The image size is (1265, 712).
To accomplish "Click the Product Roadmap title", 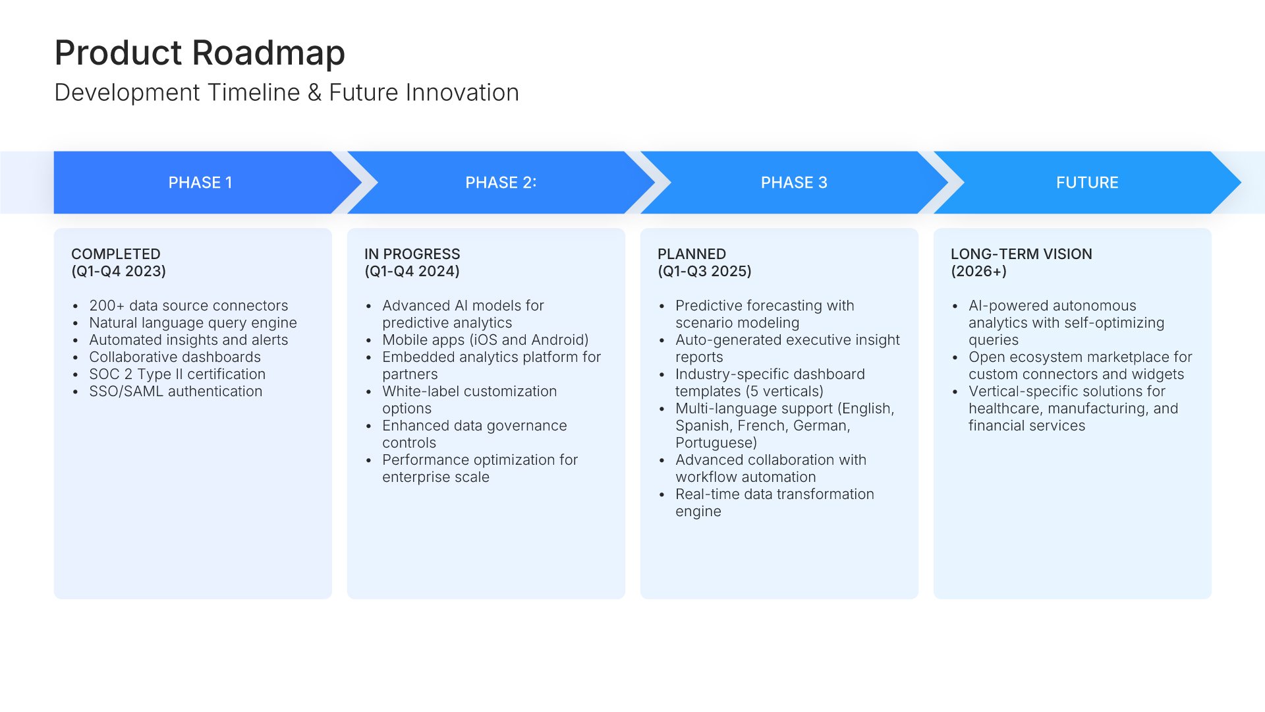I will click(x=200, y=53).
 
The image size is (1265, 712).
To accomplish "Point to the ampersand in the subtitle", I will click(x=314, y=93).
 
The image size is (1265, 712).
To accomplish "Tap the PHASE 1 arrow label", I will click(x=200, y=183).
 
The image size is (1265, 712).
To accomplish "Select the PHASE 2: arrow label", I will click(x=501, y=183).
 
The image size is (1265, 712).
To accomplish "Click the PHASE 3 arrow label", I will click(x=794, y=183).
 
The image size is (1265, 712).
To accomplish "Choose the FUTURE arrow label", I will click(x=1087, y=183).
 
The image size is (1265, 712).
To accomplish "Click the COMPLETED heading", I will click(x=116, y=254).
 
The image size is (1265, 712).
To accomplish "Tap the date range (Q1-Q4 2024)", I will click(x=412, y=271).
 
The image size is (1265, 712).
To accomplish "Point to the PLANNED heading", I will click(x=692, y=254).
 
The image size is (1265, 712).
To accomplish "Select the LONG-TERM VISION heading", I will click(x=1021, y=254).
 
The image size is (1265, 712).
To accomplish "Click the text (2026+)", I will click(x=978, y=271).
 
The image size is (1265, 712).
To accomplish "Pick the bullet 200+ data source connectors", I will click(x=188, y=305).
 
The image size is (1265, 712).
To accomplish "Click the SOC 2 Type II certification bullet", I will click(x=177, y=374).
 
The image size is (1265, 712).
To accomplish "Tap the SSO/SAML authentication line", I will click(x=175, y=391).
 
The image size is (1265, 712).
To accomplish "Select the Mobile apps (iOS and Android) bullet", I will click(x=485, y=340).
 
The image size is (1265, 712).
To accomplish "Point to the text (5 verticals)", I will click(x=785, y=391).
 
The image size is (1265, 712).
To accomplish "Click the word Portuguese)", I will click(x=716, y=442).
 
